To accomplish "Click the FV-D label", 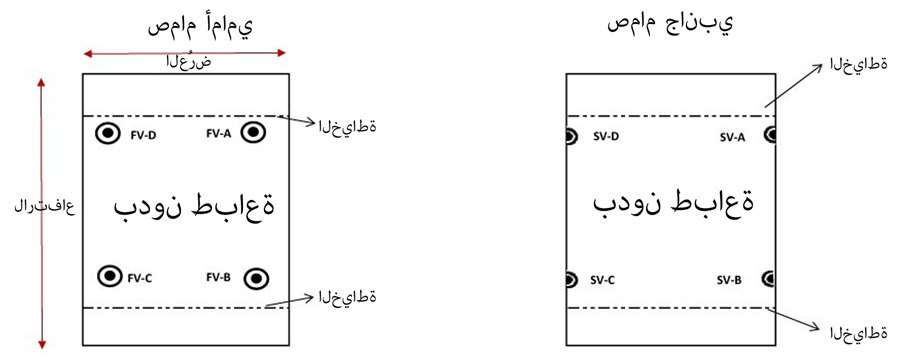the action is (143, 134).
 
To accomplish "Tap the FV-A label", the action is (219, 134).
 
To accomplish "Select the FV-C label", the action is (143, 277).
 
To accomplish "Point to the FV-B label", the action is (219, 277).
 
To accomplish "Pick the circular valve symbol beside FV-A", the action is (254, 133).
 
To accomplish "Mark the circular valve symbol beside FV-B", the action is (256, 277).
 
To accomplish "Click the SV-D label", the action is (604, 138).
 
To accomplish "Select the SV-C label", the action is (604, 280).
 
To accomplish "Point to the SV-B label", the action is (729, 280).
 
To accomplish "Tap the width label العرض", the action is (189, 62).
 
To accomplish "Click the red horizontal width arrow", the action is (185, 52).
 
